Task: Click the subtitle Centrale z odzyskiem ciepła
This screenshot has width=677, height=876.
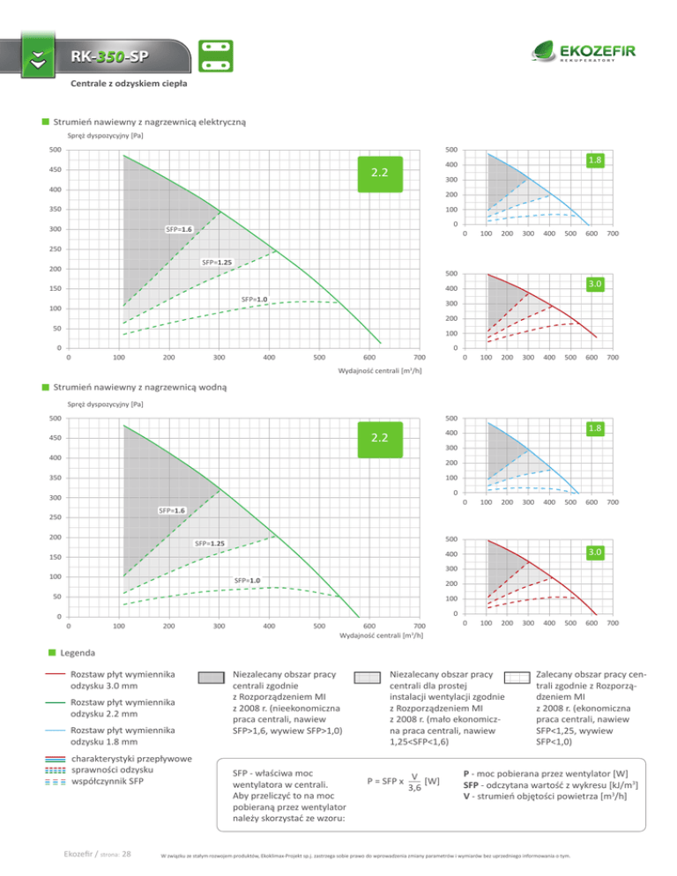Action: coord(128,85)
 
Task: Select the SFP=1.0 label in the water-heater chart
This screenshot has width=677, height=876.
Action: coord(247,581)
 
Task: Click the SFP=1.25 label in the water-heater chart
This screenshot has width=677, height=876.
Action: coord(209,543)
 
